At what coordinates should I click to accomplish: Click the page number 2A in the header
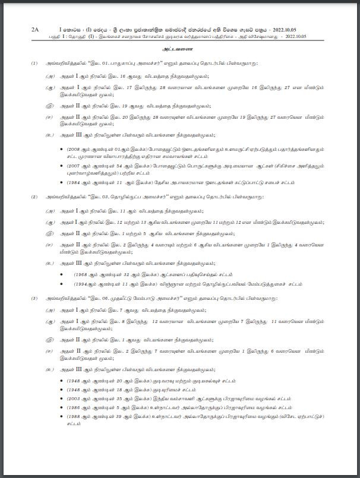pos(34,28)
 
